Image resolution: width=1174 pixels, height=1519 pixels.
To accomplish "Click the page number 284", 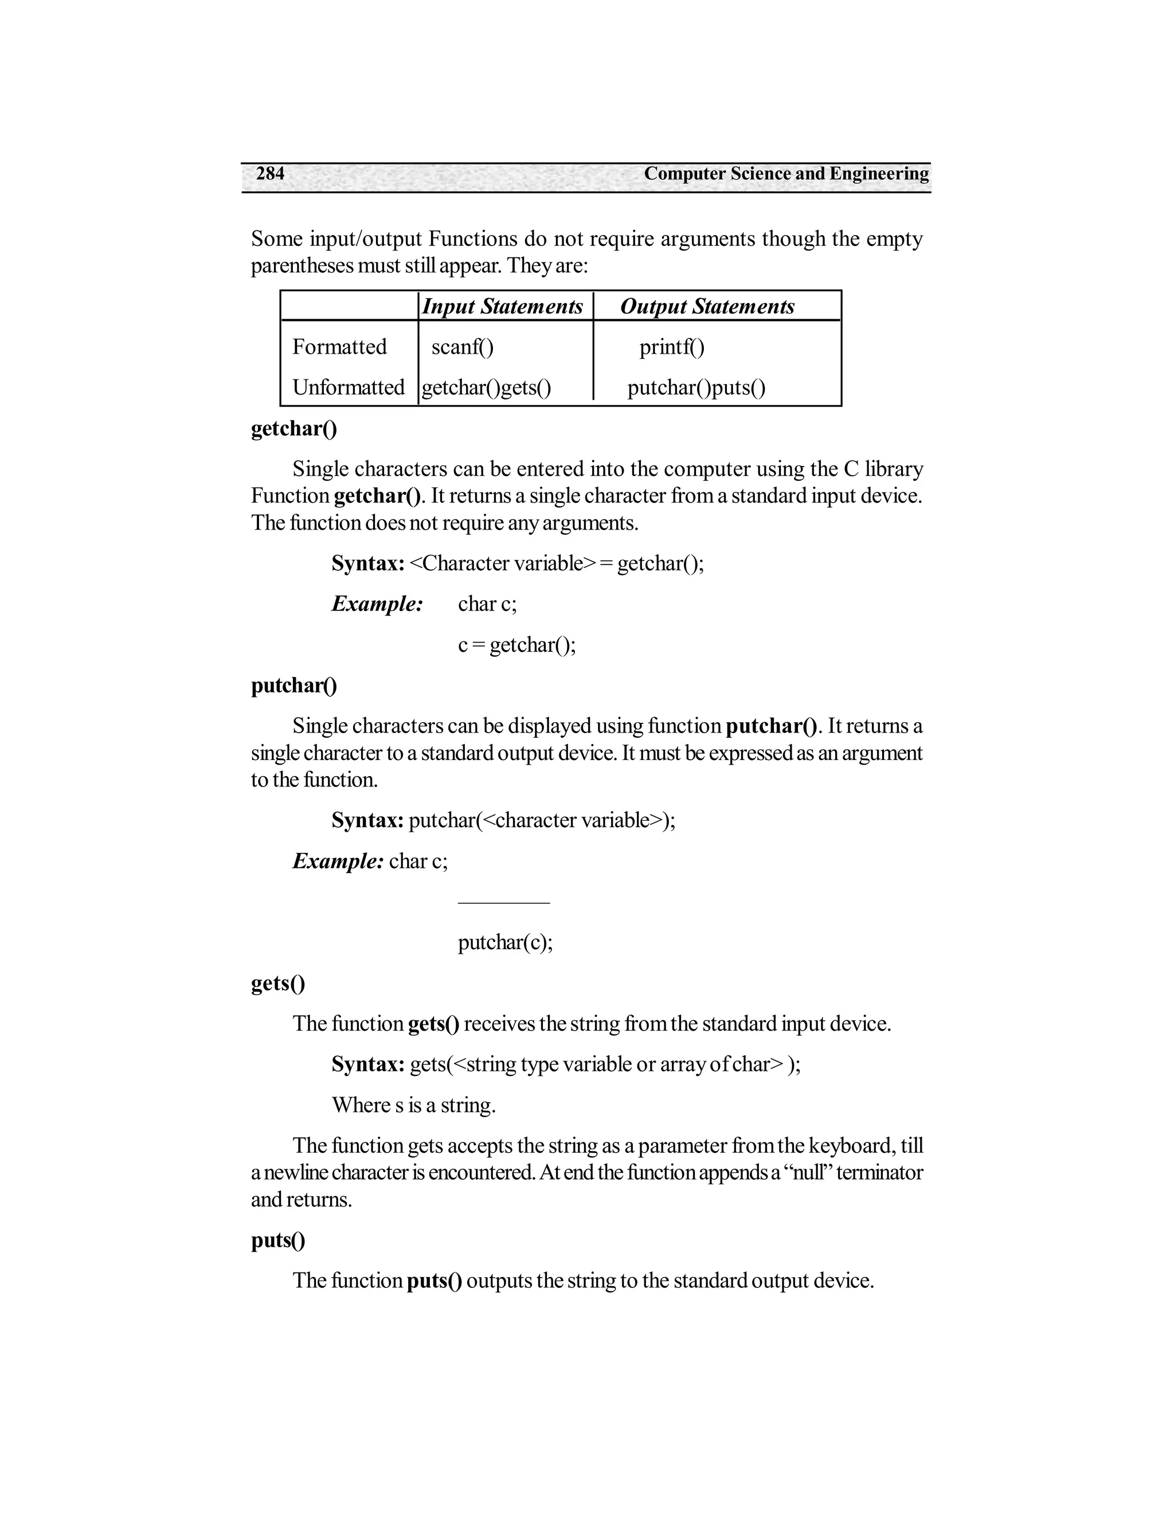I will click(x=270, y=173).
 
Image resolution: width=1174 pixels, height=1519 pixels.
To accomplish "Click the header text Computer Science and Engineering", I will click(x=786, y=173).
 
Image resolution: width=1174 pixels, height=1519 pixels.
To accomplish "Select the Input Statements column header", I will click(x=502, y=306).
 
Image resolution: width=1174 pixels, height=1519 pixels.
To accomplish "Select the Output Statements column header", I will click(x=707, y=306).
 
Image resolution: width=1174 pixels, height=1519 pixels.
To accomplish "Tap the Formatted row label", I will click(x=339, y=346).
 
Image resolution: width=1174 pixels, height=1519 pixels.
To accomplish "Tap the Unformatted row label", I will click(x=348, y=387).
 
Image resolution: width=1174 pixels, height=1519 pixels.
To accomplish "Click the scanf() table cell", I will click(x=463, y=346).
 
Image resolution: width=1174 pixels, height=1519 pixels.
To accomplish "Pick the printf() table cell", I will click(x=672, y=346).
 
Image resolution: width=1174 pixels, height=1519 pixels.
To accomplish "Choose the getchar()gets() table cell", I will click(x=486, y=387).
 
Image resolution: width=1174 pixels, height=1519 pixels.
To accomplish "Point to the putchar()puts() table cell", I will click(x=696, y=387).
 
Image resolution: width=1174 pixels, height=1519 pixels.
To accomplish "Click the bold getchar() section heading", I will click(x=293, y=428).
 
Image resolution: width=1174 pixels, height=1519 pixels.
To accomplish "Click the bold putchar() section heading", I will click(x=293, y=686).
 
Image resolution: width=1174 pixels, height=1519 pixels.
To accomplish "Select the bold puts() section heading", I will click(x=277, y=1240).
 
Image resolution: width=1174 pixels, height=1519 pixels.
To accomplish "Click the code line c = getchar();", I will click(x=516, y=645).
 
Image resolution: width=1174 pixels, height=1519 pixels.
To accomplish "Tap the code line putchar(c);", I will click(x=505, y=942).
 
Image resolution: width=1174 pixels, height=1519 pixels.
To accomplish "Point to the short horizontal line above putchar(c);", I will click(x=503, y=903).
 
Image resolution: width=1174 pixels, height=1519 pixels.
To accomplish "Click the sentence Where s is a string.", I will click(x=413, y=1105).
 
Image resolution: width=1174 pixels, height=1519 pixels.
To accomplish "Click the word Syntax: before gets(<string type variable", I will click(x=368, y=1064).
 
